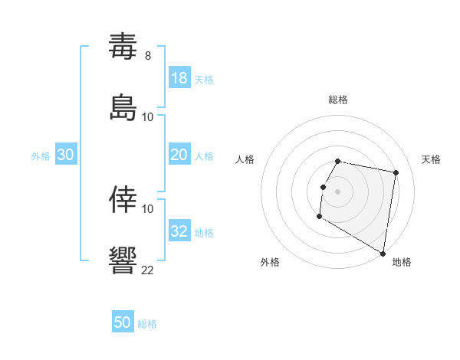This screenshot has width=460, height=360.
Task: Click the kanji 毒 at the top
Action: click(x=123, y=47)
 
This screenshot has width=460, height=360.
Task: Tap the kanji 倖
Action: click(x=123, y=200)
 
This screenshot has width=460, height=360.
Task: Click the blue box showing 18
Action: click(x=179, y=78)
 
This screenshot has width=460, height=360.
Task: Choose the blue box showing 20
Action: click(x=179, y=155)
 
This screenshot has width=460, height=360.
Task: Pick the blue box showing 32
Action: click(x=179, y=231)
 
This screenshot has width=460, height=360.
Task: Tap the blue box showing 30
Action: click(x=66, y=155)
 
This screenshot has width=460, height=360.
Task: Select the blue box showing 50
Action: click(x=123, y=322)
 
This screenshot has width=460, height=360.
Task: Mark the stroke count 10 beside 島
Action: click(x=148, y=116)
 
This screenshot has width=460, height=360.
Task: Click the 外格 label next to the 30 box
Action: click(x=41, y=156)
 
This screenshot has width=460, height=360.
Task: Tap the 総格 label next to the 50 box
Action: click(x=147, y=324)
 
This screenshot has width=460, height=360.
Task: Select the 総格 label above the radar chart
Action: click(x=338, y=100)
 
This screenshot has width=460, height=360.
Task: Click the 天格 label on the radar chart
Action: click(x=431, y=159)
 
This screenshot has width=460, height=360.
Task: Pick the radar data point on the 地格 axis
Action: click(x=383, y=254)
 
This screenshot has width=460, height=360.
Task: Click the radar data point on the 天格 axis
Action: click(x=396, y=173)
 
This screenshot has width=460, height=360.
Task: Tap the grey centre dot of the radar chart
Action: click(x=338, y=191)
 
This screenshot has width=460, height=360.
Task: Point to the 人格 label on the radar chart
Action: click(x=245, y=159)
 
